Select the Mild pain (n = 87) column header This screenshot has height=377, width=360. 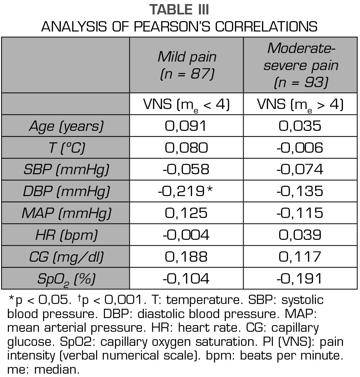click(186, 65)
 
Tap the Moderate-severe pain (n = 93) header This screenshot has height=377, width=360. click(301, 65)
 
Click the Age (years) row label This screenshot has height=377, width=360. click(66, 126)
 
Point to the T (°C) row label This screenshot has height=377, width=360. click(66, 148)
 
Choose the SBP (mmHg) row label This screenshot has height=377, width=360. click(66, 169)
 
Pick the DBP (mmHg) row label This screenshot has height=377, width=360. click(66, 191)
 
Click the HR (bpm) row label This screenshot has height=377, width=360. click(66, 235)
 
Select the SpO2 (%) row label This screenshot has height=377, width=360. click(66, 278)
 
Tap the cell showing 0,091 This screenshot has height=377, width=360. click(186, 126)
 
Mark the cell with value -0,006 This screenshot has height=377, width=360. click(301, 148)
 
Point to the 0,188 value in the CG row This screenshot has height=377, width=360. click(186, 257)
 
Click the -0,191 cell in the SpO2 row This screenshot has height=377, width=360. click(301, 278)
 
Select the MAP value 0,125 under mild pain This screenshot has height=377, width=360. click(186, 213)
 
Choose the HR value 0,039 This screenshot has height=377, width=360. click(301, 235)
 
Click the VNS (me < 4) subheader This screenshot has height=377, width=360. click(186, 105)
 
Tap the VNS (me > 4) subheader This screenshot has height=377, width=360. click(301, 105)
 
